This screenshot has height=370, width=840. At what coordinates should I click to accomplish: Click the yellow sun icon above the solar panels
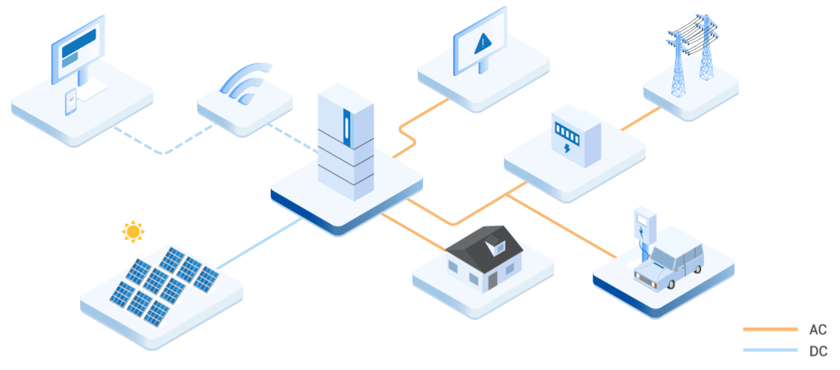133,232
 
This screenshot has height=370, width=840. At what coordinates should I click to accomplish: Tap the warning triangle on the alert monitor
482,43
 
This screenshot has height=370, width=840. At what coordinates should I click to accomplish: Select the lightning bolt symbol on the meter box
567,148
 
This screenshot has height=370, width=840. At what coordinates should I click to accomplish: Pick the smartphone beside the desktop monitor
71,102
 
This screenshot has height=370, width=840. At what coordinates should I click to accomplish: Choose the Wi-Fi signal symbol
246,83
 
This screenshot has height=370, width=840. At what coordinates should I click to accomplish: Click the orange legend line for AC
770,329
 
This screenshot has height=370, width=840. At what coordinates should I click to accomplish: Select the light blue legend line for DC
770,350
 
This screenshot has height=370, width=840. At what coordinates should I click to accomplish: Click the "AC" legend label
818,329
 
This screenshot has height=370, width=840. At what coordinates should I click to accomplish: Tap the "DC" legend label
818,351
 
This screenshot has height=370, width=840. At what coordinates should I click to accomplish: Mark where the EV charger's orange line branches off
506,195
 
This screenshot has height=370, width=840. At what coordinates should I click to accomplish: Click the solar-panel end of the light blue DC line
218,268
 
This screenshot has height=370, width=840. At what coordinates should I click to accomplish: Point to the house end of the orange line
446,250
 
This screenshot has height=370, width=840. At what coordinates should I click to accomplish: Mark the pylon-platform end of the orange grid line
660,108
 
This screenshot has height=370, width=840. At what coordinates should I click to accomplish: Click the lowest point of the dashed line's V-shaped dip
163,153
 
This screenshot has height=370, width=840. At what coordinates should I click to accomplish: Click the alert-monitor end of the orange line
449,99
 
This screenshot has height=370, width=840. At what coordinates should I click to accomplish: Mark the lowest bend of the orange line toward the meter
453,224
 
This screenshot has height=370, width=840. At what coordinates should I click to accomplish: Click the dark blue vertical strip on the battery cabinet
347,128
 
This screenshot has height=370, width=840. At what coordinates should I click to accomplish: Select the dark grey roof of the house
484,248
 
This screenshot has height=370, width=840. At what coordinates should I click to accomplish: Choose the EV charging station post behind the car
645,232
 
